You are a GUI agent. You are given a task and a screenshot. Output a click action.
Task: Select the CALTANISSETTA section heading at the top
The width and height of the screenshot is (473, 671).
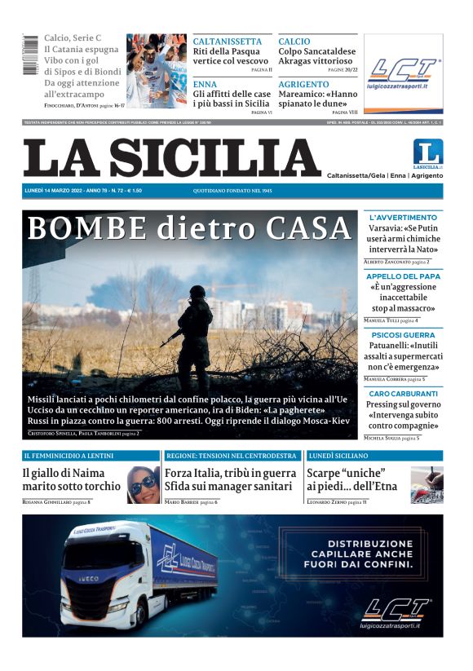[x=228, y=41]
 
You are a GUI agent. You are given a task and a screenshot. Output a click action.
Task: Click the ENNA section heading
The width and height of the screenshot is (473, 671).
[x=205, y=84]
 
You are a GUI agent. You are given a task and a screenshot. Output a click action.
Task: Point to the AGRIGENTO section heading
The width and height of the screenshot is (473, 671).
[x=303, y=84]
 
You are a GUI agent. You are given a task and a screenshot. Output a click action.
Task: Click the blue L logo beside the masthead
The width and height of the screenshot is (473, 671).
[x=427, y=152]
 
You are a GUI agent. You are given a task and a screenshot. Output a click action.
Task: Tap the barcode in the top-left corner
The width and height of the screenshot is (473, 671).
[x=30, y=55]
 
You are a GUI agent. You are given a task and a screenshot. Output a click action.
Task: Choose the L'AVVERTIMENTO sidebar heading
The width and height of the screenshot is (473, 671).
[x=403, y=218]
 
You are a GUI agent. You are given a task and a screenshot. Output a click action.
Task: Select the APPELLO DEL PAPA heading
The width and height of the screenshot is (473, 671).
[x=403, y=276]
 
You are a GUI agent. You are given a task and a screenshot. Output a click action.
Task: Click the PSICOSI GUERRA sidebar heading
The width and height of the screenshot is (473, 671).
[x=403, y=335]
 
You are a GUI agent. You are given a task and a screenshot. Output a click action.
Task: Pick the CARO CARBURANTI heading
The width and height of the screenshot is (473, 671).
[x=403, y=394]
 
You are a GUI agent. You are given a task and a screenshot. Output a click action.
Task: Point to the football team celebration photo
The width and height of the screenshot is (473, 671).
[x=156, y=71]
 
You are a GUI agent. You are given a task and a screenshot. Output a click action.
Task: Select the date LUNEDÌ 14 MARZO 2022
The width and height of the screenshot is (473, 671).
[x=57, y=191]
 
